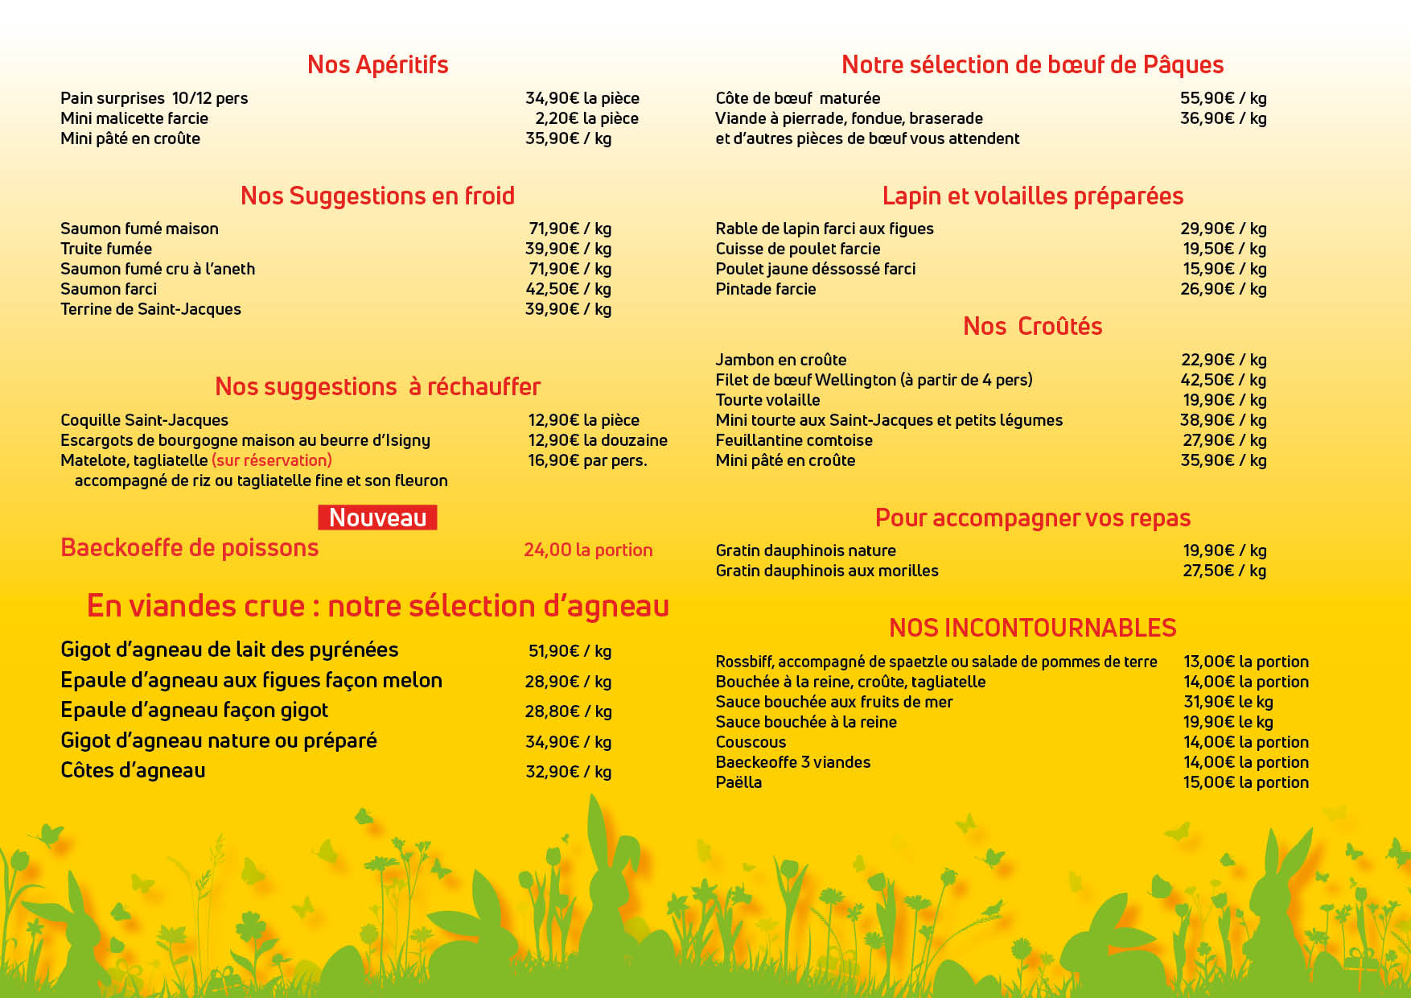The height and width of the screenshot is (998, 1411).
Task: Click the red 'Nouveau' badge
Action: [x=377, y=518]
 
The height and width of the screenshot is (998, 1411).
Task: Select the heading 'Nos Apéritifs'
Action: [x=377, y=64]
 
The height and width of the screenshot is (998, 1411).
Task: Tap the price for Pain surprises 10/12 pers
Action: [x=582, y=98]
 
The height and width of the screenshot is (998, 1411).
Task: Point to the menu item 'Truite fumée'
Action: [x=106, y=249]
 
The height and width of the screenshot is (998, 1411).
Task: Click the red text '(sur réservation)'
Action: [x=272, y=460]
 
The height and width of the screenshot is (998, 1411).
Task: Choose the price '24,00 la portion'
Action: [x=588, y=550]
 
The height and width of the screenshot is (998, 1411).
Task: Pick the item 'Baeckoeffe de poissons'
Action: [x=190, y=548]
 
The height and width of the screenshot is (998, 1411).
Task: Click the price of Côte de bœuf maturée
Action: [x=1223, y=98]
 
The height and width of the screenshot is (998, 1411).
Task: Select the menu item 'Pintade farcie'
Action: [x=766, y=289]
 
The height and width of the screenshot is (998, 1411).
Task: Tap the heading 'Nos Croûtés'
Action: [x=1032, y=326]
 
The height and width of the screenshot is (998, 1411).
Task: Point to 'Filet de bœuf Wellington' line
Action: [x=874, y=380]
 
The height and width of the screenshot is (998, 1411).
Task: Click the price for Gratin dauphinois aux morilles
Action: [x=1224, y=571]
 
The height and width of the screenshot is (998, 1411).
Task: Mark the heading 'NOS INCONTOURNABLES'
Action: [x=1032, y=628]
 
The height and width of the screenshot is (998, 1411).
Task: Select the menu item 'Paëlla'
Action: [x=738, y=782]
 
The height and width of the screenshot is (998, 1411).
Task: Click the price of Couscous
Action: [x=1245, y=742]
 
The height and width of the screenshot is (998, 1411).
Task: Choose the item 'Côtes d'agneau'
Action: [x=134, y=771]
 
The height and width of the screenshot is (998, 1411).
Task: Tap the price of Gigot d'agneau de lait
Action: [x=570, y=651]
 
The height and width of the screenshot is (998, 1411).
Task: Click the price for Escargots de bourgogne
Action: [x=597, y=440]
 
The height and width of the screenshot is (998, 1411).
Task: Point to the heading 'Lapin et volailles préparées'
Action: [x=1032, y=196]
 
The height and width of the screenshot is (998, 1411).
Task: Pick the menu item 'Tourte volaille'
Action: [x=767, y=400]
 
